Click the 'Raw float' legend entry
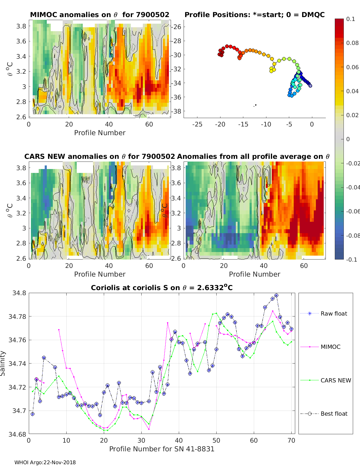tap(324, 313)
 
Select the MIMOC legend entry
tap(320, 347)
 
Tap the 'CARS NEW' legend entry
tap(325, 380)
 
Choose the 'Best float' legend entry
tap(324, 414)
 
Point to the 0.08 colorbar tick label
tap(352, 43)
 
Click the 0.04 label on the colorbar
tap(352, 91)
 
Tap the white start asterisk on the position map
tap(310, 86)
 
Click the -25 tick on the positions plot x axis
tap(197, 124)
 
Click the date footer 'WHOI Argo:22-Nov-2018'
tap(45, 462)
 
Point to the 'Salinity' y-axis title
tap(3, 364)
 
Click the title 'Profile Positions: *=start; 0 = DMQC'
tap(255, 15)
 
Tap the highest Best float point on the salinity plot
tap(277, 295)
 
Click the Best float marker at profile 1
tap(32, 414)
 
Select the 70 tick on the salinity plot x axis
tap(291, 441)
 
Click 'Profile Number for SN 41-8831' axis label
tap(162, 449)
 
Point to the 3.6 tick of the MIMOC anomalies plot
tap(21, 41)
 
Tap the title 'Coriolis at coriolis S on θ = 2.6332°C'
tap(162, 287)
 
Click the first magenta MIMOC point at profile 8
tap(59, 329)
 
